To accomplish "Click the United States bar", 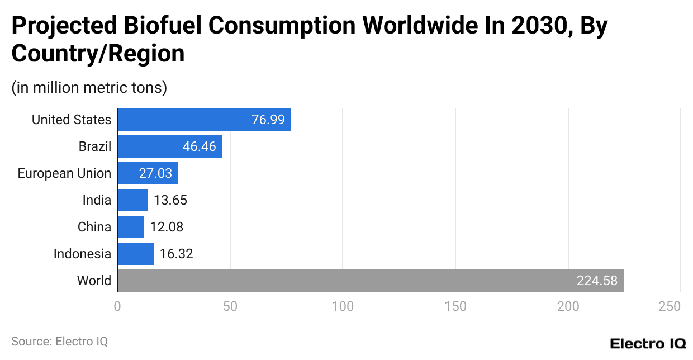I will click(x=204, y=120).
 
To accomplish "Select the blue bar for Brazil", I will click(x=170, y=146).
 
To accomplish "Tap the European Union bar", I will click(x=148, y=173).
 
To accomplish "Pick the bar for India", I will click(x=132, y=200).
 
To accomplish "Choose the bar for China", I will click(x=131, y=227).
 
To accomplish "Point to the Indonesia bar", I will click(x=136, y=254).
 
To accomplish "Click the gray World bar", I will click(x=370, y=281).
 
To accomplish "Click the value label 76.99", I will click(x=268, y=120).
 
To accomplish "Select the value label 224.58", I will click(x=597, y=281).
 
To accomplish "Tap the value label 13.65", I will click(x=170, y=200).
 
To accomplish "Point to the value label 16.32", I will click(x=176, y=254).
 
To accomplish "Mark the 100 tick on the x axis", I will click(x=343, y=306).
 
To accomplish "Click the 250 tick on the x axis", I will click(x=670, y=306).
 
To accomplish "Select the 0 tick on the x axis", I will click(x=117, y=306).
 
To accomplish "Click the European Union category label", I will click(x=64, y=173).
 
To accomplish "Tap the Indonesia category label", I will click(x=82, y=254).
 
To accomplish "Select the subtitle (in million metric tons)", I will click(x=89, y=88).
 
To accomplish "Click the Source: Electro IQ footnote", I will click(x=59, y=341).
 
